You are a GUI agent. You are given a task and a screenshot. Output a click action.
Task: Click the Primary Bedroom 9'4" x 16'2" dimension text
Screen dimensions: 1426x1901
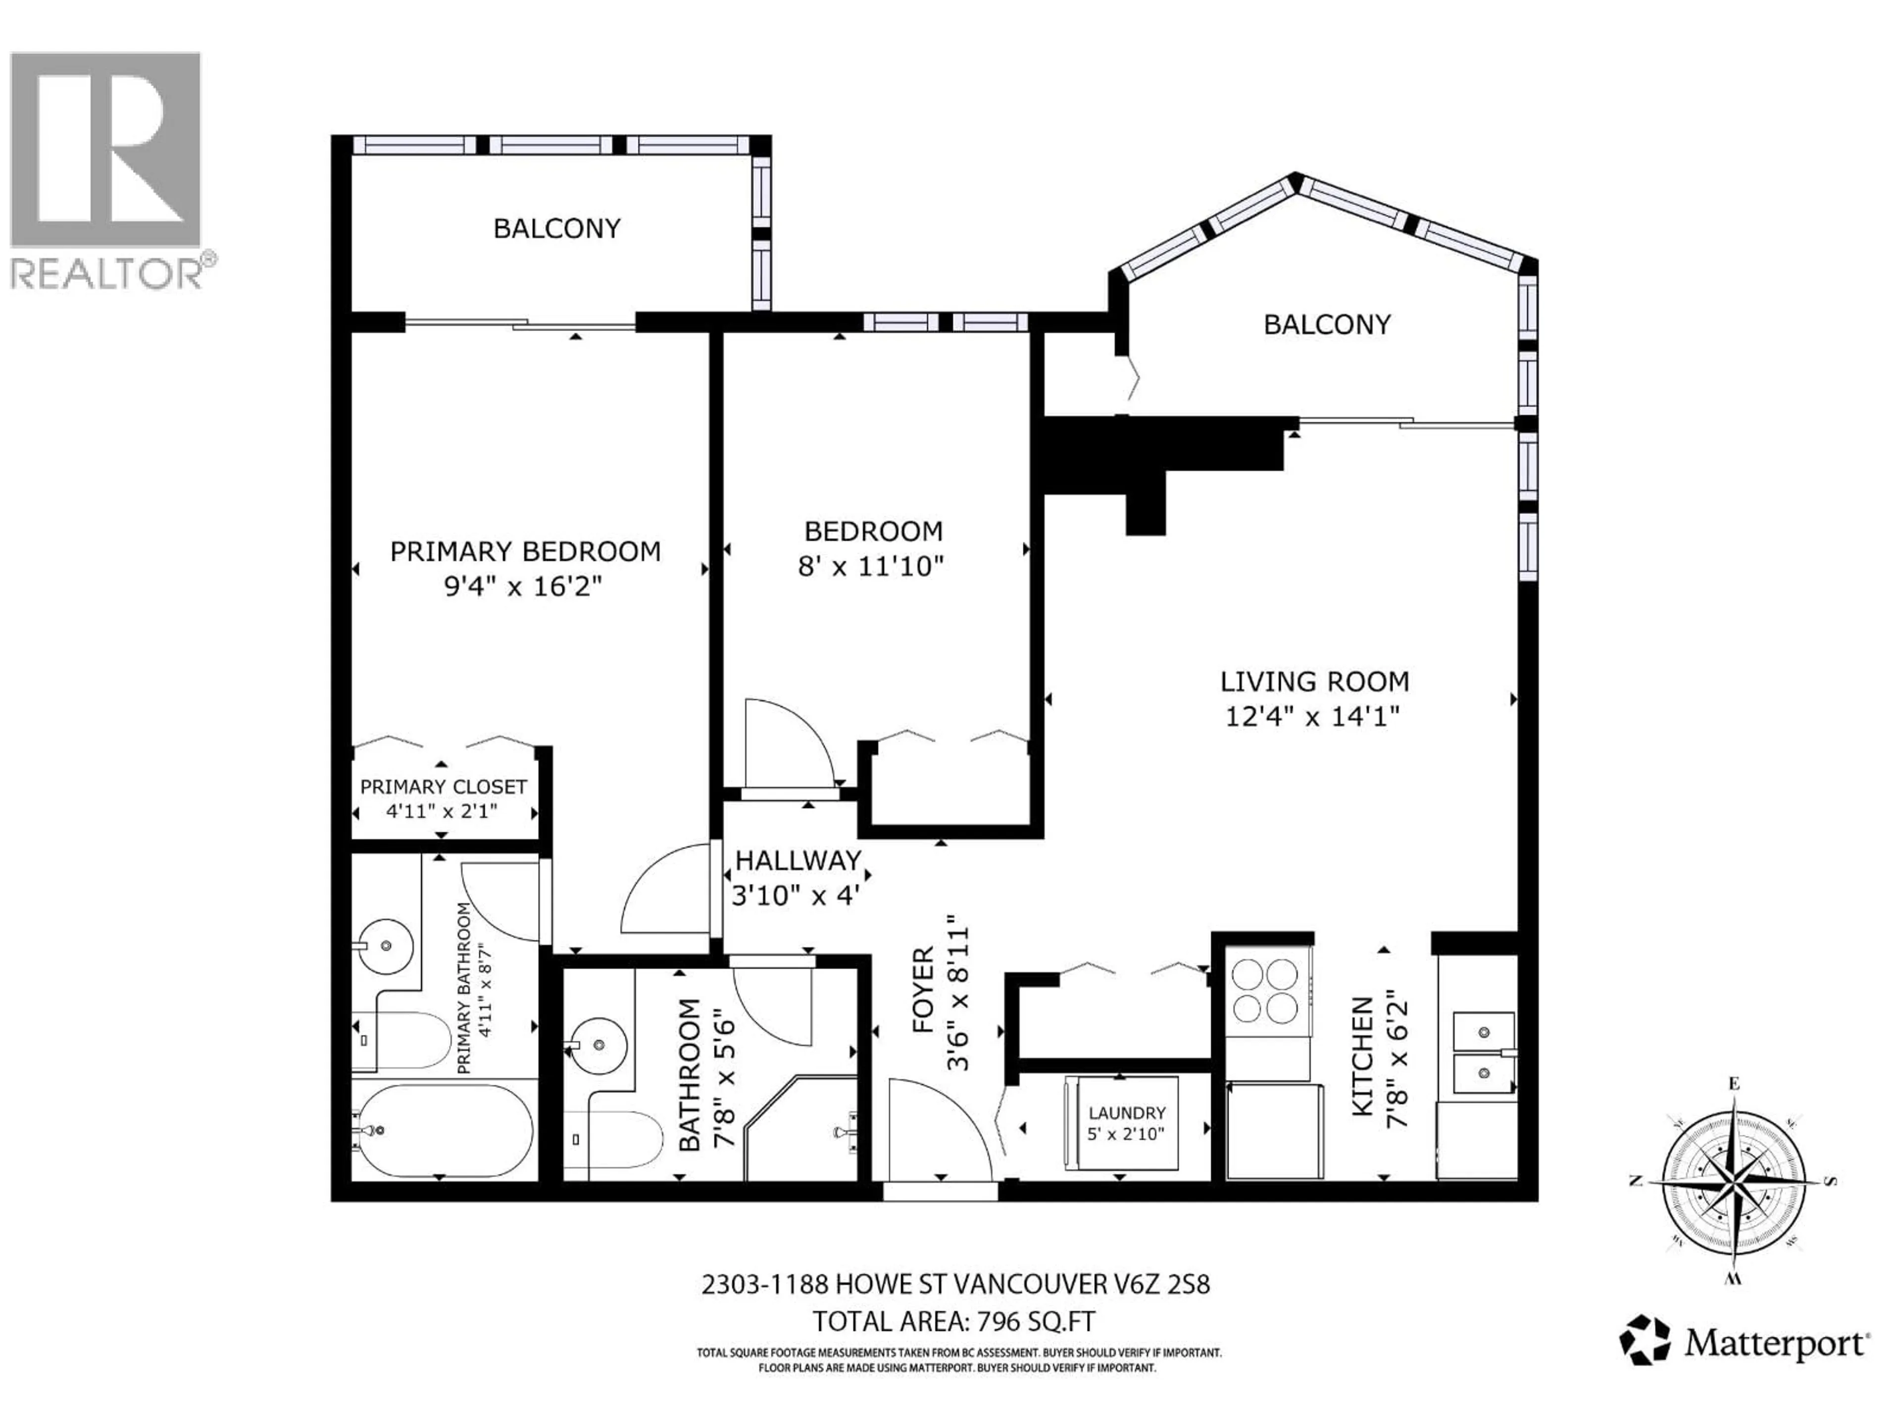522,587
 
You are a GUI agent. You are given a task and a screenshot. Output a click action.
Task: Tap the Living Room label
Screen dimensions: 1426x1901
1314,682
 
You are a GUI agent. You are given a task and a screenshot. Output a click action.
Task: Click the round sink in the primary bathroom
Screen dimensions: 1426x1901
385,946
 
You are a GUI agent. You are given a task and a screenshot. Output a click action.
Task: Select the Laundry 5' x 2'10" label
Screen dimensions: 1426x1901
1126,1122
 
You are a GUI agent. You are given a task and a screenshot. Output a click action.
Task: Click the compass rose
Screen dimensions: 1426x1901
1733,1181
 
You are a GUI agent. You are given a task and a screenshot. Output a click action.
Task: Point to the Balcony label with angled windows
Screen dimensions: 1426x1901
1326,325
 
